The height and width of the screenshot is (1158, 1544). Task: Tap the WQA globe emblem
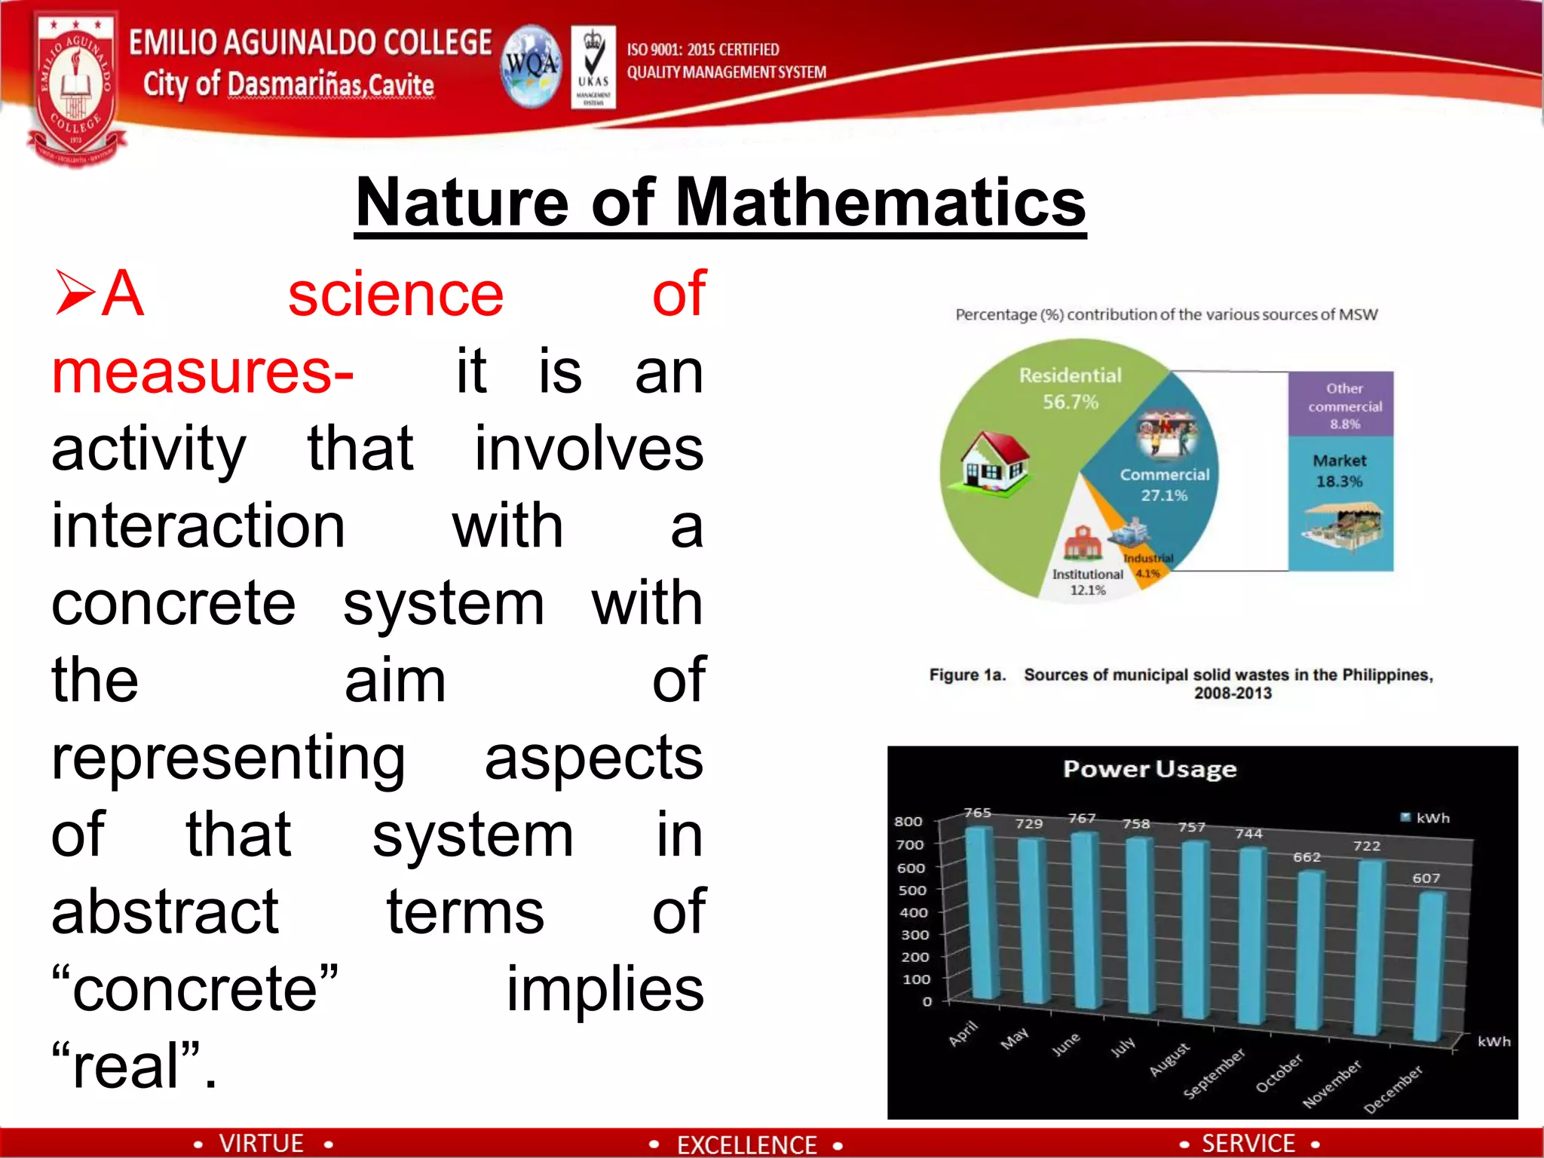click(532, 66)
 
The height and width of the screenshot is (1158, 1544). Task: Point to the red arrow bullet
click(75, 294)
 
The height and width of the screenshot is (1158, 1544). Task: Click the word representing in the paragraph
click(228, 758)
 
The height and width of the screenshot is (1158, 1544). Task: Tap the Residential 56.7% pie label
click(1070, 388)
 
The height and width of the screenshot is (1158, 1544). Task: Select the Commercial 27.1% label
click(1164, 485)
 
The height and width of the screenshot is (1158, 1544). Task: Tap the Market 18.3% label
click(1339, 470)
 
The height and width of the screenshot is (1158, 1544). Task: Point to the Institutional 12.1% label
click(1087, 582)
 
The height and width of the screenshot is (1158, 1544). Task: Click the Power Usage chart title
click(1149, 769)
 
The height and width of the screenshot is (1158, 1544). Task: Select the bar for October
click(1310, 950)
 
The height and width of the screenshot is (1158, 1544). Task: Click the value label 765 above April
click(977, 813)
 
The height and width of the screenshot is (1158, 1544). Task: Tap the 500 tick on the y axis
click(911, 890)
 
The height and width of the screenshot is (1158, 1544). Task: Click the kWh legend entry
click(1425, 818)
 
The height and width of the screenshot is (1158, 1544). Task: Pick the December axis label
click(1393, 1089)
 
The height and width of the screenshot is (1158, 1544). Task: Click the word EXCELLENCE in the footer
click(746, 1144)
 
